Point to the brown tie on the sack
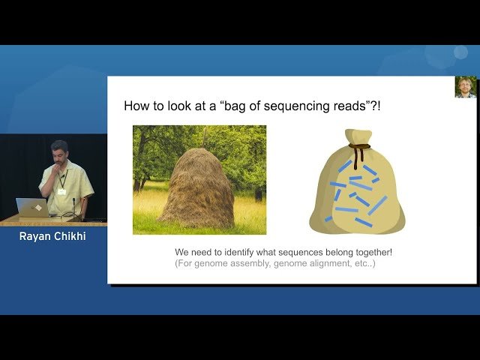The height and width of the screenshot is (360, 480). point(359,149)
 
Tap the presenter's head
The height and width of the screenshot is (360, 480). point(59,149)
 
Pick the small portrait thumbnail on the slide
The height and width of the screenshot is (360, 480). point(465,87)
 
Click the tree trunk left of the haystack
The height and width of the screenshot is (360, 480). point(139,180)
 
